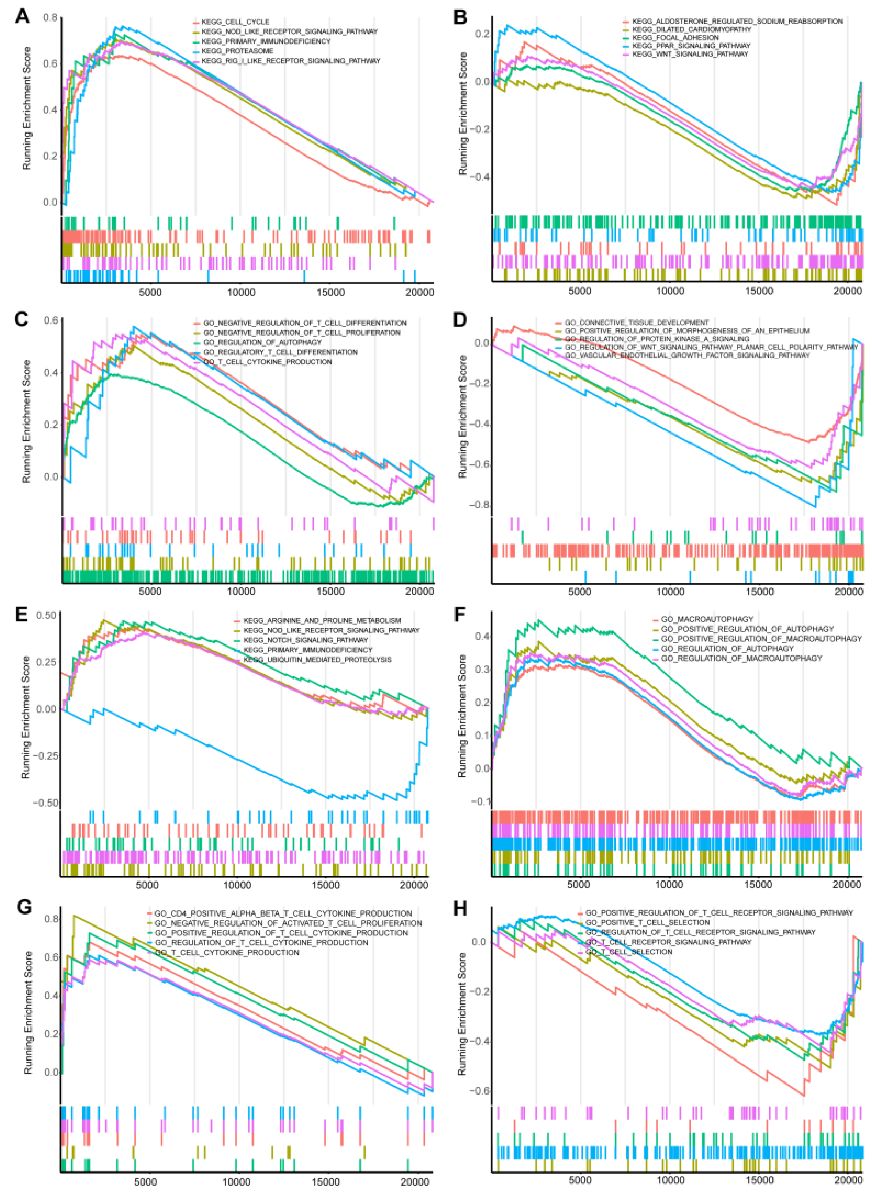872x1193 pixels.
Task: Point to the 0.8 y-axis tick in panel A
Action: pos(50,18)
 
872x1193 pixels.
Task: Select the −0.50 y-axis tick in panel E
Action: pos(46,803)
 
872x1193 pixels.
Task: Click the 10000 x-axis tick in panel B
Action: pos(670,291)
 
